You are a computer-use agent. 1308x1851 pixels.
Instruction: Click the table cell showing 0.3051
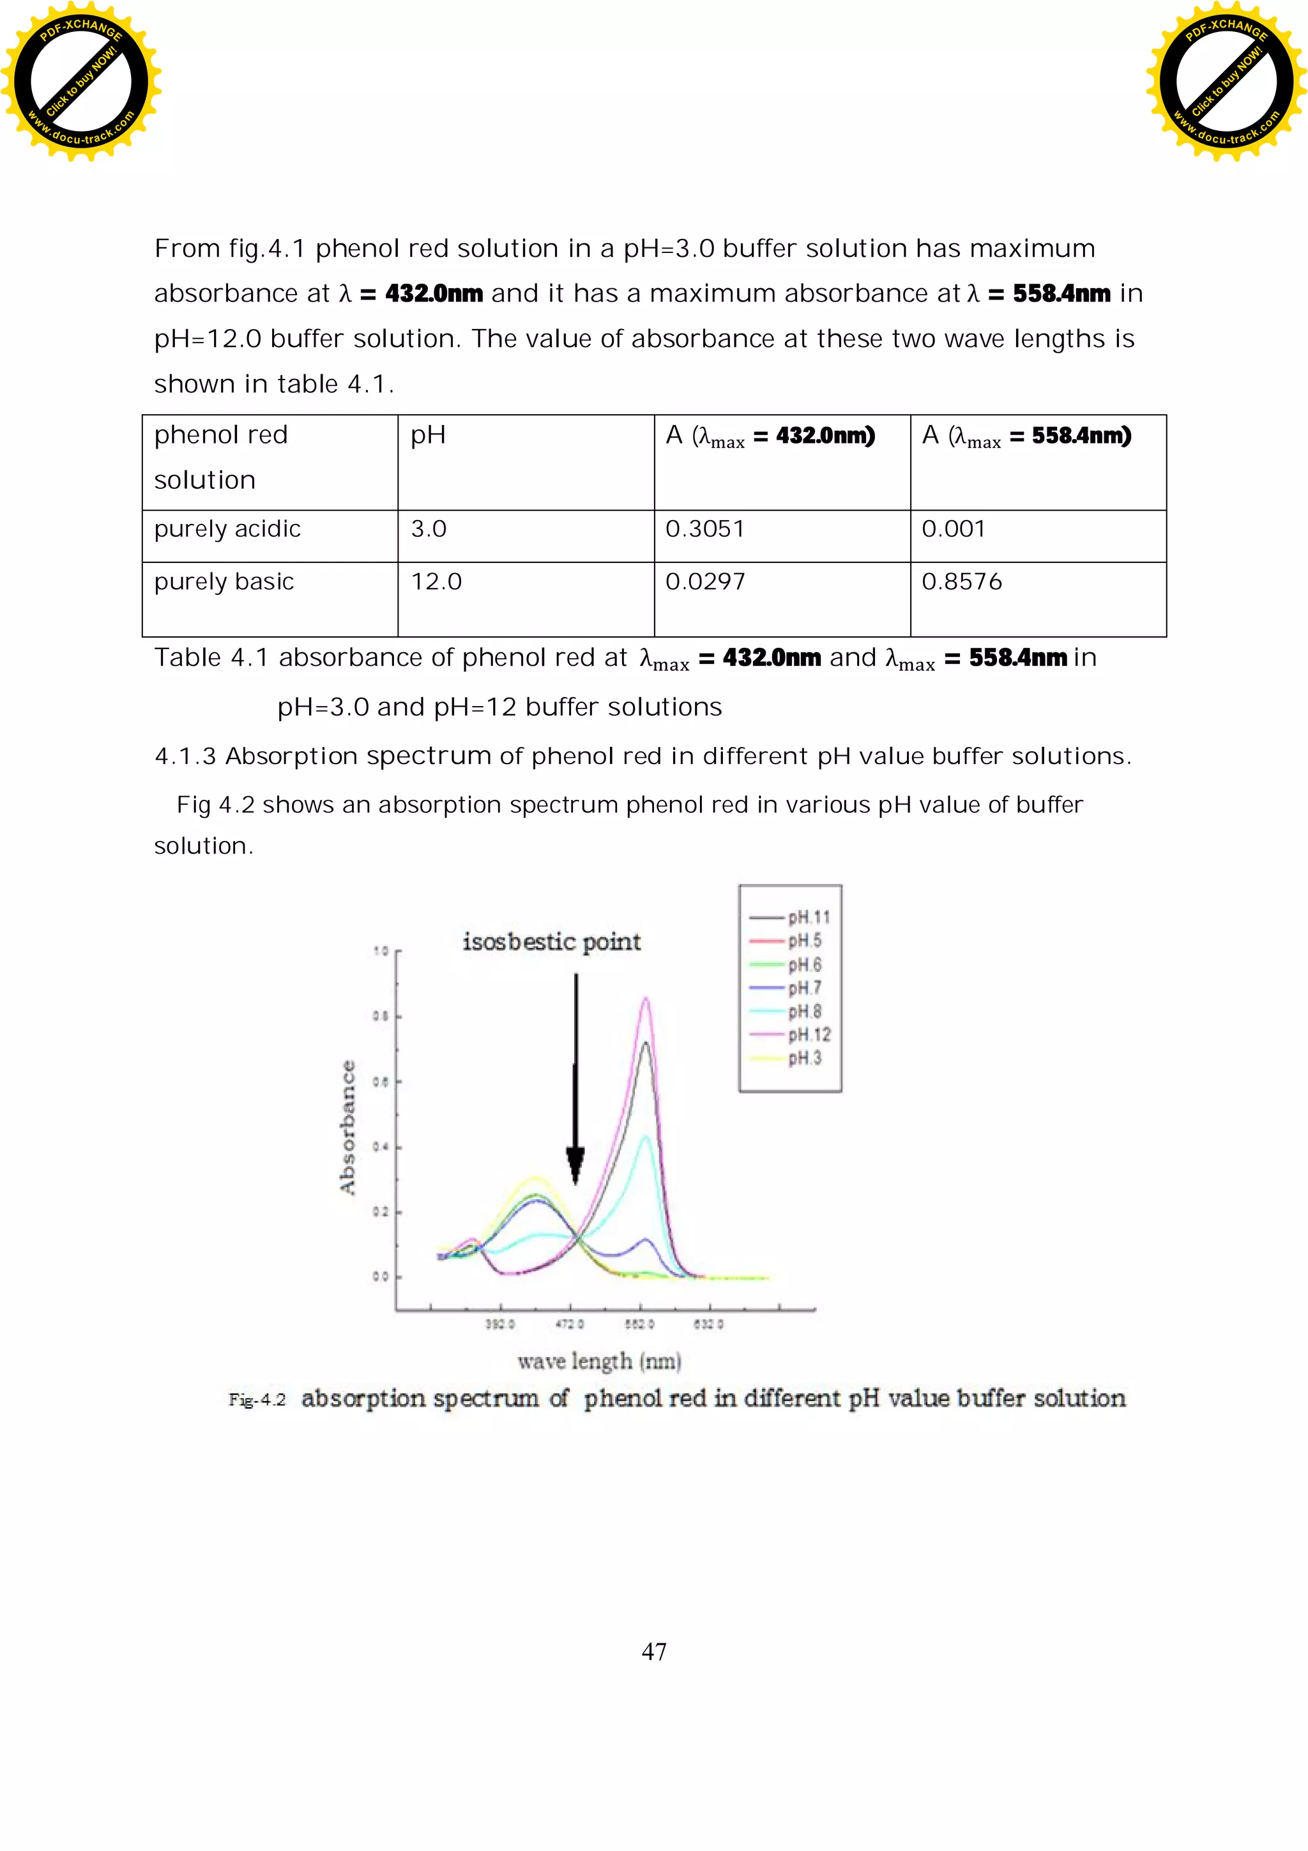point(705,530)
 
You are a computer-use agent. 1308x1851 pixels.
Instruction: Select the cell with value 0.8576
point(961,582)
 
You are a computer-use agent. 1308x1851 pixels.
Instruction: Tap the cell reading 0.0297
point(705,582)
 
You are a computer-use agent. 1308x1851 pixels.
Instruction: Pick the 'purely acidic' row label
point(227,530)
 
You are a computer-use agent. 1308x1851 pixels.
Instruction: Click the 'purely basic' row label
point(224,582)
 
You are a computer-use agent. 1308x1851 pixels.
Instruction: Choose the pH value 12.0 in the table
point(436,582)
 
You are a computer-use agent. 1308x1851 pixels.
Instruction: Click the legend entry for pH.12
point(809,1035)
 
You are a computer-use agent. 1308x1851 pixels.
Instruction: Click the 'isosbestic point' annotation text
point(551,942)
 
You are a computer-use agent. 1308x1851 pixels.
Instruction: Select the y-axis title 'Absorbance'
point(347,1127)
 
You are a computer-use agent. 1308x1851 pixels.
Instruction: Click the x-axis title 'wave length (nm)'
point(599,1362)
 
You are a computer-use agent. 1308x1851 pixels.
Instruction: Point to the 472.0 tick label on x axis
point(570,1324)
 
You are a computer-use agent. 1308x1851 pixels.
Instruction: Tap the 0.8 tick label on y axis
point(381,1017)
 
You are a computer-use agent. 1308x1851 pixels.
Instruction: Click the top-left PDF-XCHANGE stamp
point(80,81)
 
